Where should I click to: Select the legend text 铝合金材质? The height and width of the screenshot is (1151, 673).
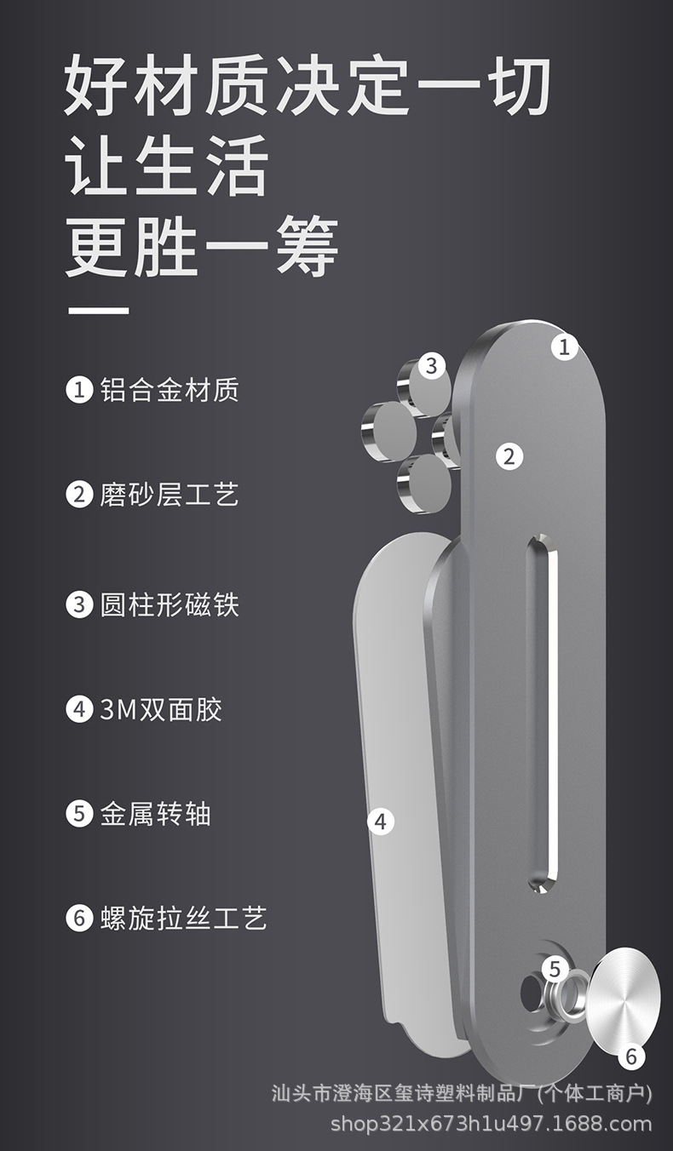click(x=170, y=390)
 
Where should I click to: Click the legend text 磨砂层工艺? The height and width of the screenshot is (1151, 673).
click(x=170, y=495)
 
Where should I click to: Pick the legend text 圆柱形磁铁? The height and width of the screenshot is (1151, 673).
click(x=170, y=604)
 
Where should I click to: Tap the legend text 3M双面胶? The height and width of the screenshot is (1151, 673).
click(x=161, y=709)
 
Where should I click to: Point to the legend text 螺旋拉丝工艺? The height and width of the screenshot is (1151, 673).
click(x=184, y=918)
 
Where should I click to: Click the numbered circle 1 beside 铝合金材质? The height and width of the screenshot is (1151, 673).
click(x=79, y=390)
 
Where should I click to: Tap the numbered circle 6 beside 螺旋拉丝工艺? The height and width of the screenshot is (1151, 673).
click(x=79, y=919)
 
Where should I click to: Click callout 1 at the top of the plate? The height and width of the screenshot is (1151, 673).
click(x=563, y=346)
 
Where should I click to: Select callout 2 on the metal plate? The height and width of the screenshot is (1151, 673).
click(x=509, y=455)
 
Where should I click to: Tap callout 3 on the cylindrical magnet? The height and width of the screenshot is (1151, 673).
click(x=431, y=366)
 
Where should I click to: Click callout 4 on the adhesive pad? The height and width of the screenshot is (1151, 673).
click(x=380, y=822)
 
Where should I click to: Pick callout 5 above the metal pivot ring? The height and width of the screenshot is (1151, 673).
click(x=555, y=968)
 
